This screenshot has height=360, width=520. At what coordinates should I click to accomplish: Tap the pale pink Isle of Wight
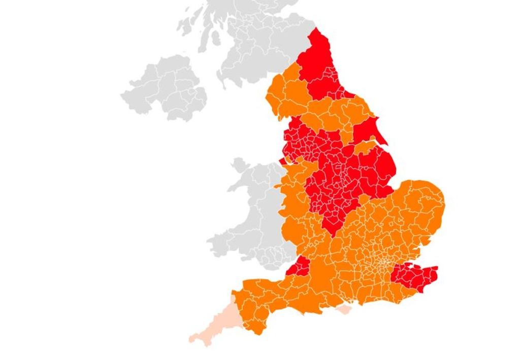pos(344,309)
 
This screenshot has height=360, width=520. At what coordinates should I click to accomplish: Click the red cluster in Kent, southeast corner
pos(414,277)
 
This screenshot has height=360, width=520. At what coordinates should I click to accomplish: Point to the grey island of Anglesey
pos(238,165)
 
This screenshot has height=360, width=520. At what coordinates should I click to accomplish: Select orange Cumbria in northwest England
pos(287,96)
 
